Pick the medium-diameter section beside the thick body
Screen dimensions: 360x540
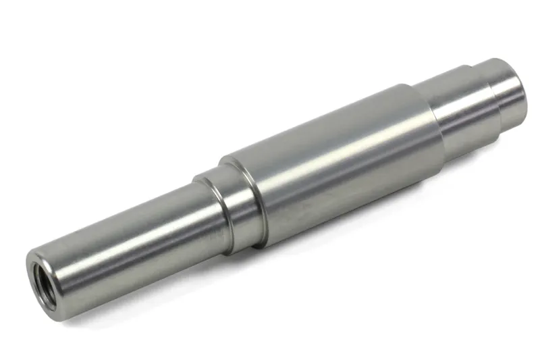pos(459,108)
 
